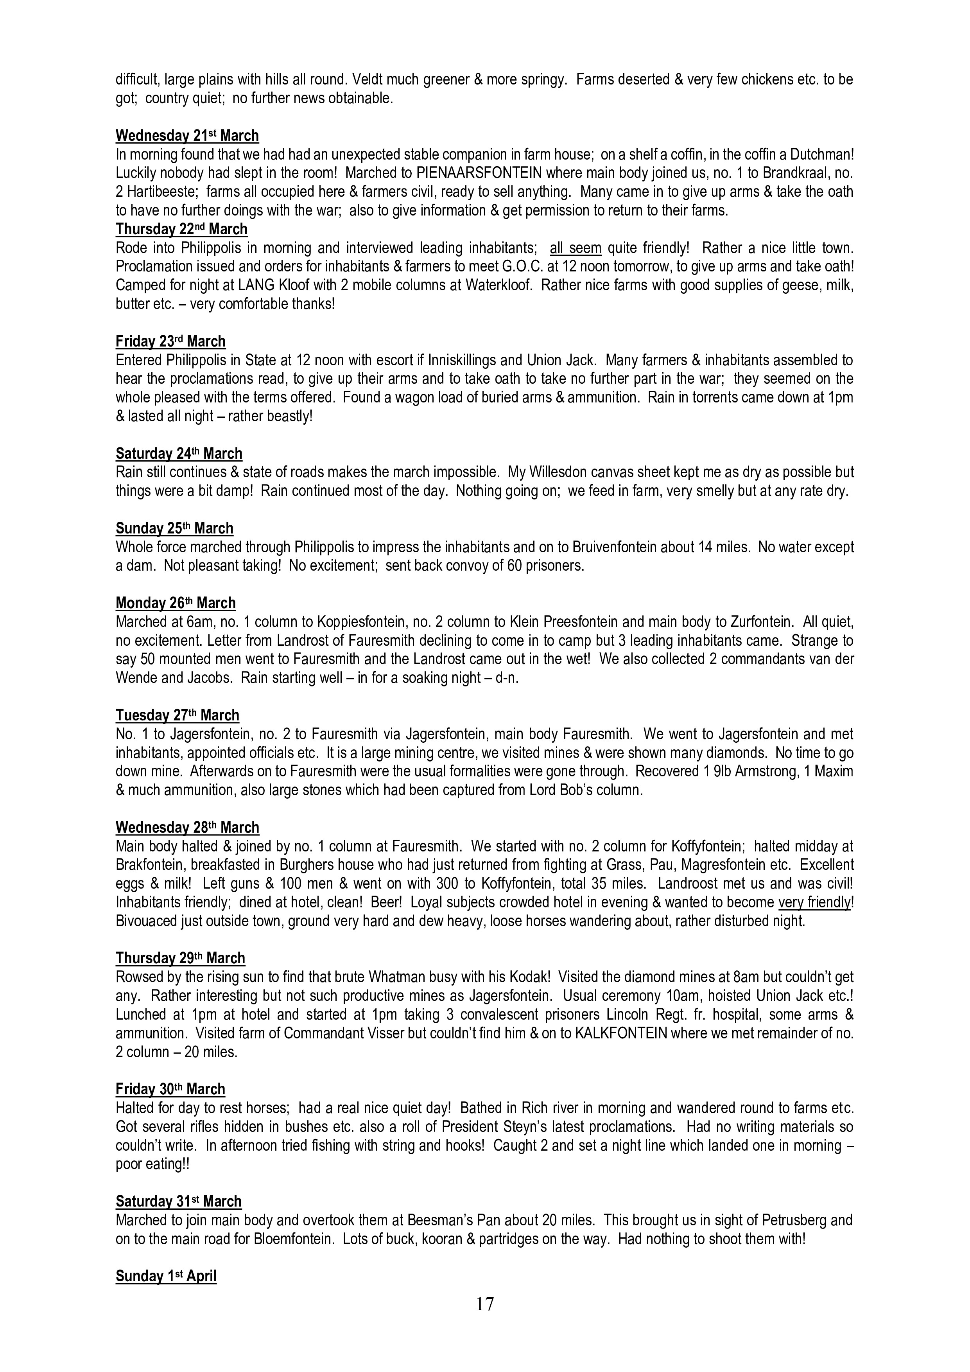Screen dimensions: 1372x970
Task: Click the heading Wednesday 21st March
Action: (x=187, y=136)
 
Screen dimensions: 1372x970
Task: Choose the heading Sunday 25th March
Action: (x=174, y=528)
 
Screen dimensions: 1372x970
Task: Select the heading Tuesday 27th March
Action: (x=178, y=715)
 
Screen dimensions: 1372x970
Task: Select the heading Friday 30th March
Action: (x=170, y=1089)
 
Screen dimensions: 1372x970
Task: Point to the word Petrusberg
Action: (x=800, y=1219)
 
